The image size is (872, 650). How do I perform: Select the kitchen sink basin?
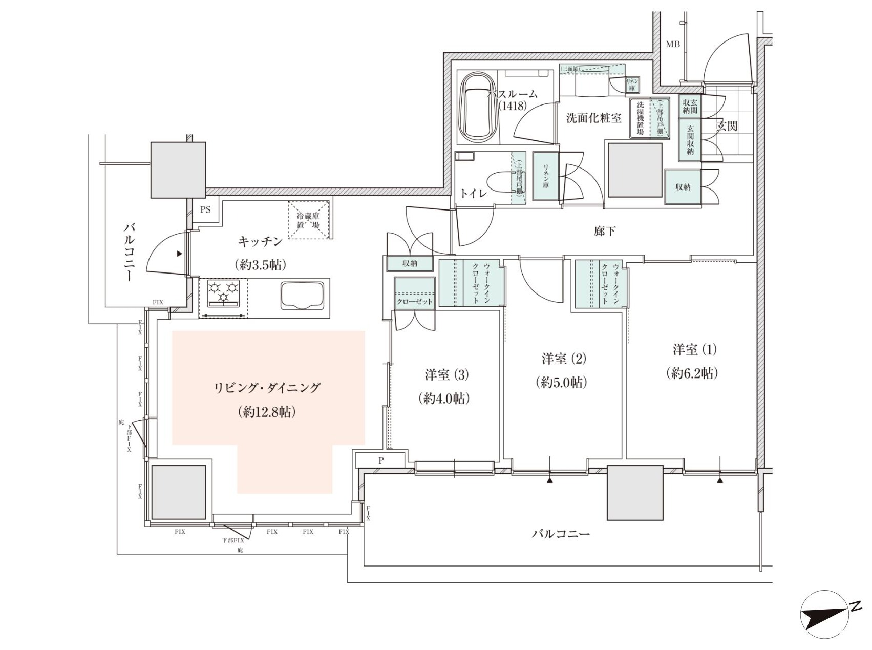tap(303, 296)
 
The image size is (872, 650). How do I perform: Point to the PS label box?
tap(205, 210)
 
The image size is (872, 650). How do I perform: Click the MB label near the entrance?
tap(672, 45)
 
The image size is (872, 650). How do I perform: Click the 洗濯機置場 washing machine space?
tap(640, 118)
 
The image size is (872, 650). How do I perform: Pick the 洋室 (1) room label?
tap(694, 350)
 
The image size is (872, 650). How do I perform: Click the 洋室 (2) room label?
tap(563, 359)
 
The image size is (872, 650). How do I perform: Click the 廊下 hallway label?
tap(605, 232)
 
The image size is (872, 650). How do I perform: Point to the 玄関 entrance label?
tap(727, 126)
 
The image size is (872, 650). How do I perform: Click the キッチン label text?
tap(260, 241)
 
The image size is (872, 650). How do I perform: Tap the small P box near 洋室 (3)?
tap(380, 460)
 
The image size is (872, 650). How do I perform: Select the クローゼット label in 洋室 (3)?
tap(415, 301)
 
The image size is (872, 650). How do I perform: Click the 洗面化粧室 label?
tap(593, 118)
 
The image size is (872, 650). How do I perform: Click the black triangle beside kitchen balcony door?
tap(179, 254)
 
